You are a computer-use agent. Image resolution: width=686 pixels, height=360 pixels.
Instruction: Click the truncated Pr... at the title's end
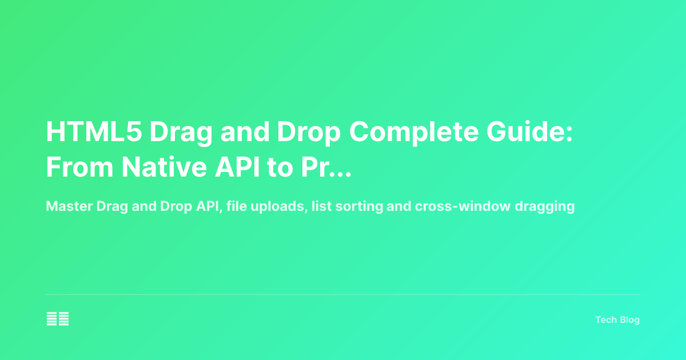pos(325,167)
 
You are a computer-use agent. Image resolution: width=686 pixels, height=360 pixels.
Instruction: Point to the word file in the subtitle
pos(236,207)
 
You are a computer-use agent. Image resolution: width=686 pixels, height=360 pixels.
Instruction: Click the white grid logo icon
pos(58,319)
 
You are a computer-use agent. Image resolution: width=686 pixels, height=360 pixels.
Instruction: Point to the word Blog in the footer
pos(630,320)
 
